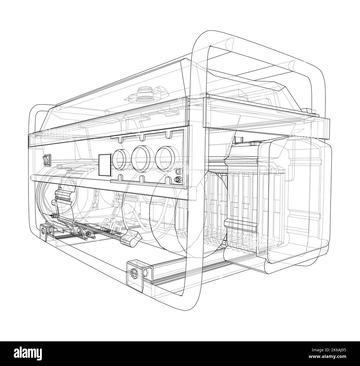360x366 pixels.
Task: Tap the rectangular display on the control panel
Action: tap(105, 165)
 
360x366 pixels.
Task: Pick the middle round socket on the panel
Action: tap(141, 159)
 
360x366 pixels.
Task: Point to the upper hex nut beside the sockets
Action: tap(178, 171)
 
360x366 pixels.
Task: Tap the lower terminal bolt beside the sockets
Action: tap(178, 179)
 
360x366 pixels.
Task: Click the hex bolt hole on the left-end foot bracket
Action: tap(43, 231)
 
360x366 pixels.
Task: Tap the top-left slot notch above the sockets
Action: tap(120, 140)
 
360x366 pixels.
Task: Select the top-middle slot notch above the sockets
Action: tap(142, 138)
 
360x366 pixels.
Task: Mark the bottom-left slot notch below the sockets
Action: tap(120, 177)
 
